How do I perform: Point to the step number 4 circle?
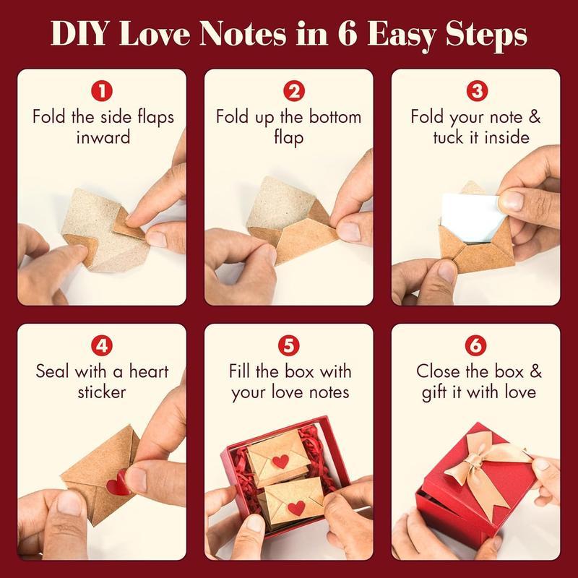(103, 346)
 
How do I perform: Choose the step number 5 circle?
(289, 346)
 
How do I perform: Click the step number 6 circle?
(475, 346)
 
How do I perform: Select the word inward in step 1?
(103, 137)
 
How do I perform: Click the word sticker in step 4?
(103, 392)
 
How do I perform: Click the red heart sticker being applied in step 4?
(116, 483)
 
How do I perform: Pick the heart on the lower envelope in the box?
(296, 507)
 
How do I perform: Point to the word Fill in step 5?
(242, 371)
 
